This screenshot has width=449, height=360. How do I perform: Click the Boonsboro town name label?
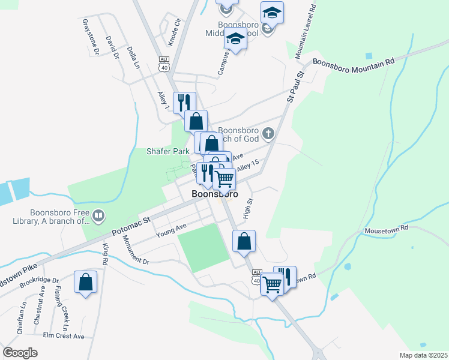(214, 194)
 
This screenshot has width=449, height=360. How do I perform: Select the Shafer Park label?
(168, 151)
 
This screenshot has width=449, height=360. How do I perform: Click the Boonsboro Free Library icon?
(98, 214)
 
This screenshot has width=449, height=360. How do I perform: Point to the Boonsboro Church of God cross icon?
(268, 133)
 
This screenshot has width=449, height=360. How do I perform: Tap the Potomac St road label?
(131, 224)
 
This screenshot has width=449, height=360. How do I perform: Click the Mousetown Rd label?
(386, 229)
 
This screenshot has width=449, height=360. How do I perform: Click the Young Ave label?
(172, 230)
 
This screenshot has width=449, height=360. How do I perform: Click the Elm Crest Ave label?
(64, 336)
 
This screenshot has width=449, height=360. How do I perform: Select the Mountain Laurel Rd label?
(307, 30)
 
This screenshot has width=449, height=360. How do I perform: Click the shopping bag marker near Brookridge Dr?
(85, 282)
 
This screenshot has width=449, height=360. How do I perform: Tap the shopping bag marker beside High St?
(244, 241)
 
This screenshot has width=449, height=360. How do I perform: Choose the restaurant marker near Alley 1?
(184, 103)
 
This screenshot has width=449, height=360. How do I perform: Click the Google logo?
(20, 352)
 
